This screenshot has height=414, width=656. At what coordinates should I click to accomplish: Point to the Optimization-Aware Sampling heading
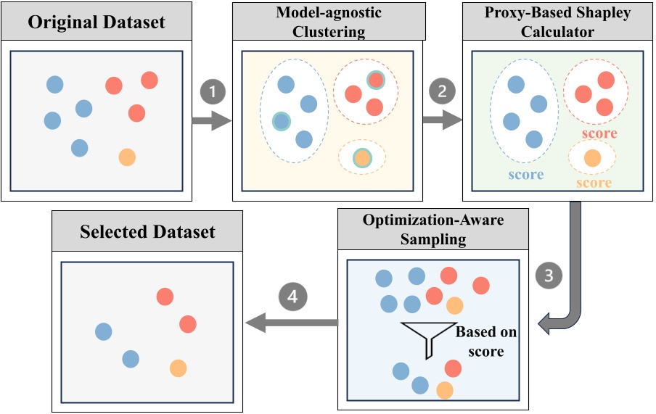point(434,229)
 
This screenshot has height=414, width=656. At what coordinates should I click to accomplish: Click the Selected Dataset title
point(147,231)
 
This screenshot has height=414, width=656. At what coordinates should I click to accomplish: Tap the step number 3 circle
point(549,276)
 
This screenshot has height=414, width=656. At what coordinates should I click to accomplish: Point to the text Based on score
point(485,341)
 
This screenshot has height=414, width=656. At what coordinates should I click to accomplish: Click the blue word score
point(525,175)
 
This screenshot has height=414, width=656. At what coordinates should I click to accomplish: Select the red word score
point(599,133)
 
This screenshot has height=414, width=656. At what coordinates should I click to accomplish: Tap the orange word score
point(594,183)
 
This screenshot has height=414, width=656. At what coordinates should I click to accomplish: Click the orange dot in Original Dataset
point(126,157)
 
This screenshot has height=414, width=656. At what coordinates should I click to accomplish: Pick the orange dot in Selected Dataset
point(178,368)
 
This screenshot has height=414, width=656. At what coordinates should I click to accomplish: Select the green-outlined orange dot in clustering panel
point(361,157)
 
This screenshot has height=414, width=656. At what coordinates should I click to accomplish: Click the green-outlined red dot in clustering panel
point(374,80)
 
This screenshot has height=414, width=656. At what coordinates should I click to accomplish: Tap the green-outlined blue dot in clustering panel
point(281,121)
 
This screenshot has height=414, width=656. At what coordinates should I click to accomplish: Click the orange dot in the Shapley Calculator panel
point(592,157)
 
